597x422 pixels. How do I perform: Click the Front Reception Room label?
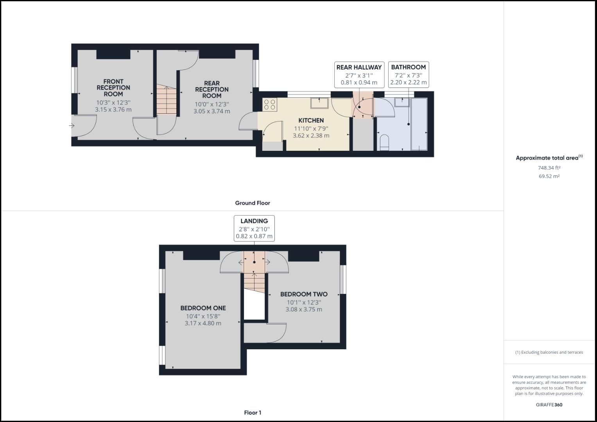(113, 88)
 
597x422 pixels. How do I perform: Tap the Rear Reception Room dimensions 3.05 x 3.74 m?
(212, 111)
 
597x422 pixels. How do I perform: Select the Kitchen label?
(311, 120)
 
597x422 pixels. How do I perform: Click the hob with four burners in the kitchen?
(270, 105)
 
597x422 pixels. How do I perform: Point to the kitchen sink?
(319, 103)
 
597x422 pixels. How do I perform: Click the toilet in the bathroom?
(384, 143)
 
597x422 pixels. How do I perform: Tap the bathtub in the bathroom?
(419, 124)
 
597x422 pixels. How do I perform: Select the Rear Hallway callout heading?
(359, 67)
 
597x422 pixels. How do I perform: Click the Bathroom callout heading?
(408, 67)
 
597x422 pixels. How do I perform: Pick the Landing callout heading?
(254, 221)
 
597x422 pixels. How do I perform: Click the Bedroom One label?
(203, 308)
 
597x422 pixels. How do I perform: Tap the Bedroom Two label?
(304, 294)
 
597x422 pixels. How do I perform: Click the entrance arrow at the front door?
(72, 126)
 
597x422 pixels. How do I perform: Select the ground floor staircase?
(167, 100)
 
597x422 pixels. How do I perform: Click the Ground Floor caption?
(252, 203)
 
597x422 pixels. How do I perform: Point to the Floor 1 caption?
(253, 413)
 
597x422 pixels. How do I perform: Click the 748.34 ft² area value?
(549, 168)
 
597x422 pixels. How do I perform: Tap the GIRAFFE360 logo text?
(549, 405)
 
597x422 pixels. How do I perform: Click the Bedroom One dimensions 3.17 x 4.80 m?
(203, 324)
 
